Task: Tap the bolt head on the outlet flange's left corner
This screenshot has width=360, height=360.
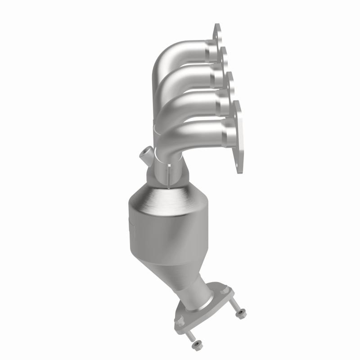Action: point(180,320)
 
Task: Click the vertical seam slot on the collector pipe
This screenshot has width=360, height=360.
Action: point(169,173)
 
